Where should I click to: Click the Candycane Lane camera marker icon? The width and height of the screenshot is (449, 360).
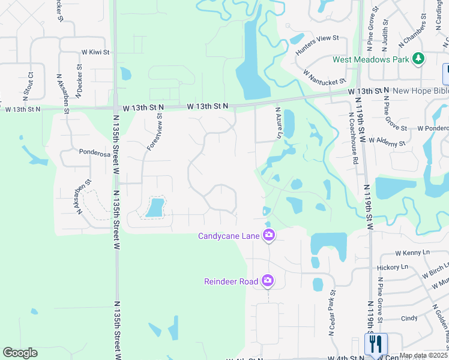[x=268, y=236]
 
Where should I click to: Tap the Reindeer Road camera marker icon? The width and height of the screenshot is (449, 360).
[x=268, y=281]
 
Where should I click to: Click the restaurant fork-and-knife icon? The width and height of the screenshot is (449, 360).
[x=376, y=344]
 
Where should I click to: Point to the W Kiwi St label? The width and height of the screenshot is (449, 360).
[x=95, y=52]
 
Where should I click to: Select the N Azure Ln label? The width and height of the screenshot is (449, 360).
[x=278, y=123]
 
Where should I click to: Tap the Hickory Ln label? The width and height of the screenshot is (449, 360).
[x=393, y=266]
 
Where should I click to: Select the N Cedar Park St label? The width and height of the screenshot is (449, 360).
[x=331, y=311]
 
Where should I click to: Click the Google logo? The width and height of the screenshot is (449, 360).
[x=20, y=353]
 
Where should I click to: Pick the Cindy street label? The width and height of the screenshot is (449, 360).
[x=409, y=319]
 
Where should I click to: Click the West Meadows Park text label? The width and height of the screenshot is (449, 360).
[x=370, y=59]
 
